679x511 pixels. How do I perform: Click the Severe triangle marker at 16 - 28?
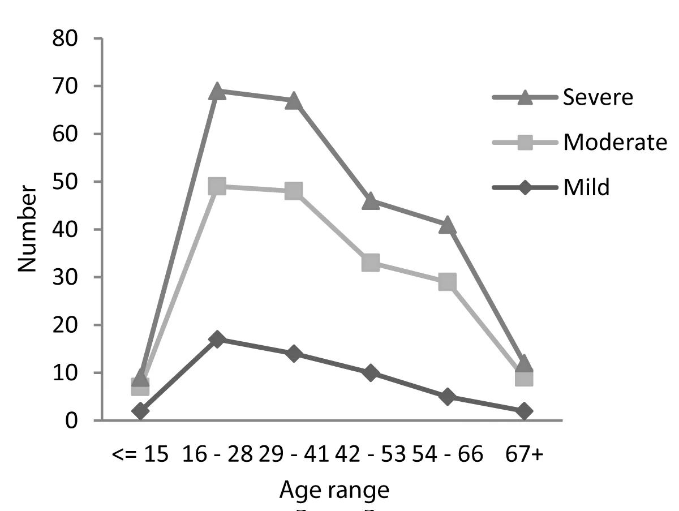coord(217,92)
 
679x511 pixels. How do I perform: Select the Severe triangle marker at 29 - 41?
coord(294,102)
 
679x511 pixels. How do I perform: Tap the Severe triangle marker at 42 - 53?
coord(371,201)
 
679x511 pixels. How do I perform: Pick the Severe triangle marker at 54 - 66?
coord(447,225)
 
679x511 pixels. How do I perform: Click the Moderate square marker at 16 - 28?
coord(217,186)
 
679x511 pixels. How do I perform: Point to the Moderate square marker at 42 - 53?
coord(371,263)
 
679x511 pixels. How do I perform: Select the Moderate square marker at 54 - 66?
coord(447,281)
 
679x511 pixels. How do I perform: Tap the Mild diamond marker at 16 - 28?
coord(217,340)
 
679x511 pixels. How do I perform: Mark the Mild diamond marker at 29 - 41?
coord(294,354)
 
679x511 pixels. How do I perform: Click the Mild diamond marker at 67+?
coord(524,411)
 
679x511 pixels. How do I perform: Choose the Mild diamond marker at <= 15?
coord(140,411)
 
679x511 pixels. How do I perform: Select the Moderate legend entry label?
coord(615,143)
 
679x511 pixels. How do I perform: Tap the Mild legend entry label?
coord(586,187)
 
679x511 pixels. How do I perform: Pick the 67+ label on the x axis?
coord(524,454)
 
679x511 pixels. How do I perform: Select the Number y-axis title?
coord(28,229)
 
